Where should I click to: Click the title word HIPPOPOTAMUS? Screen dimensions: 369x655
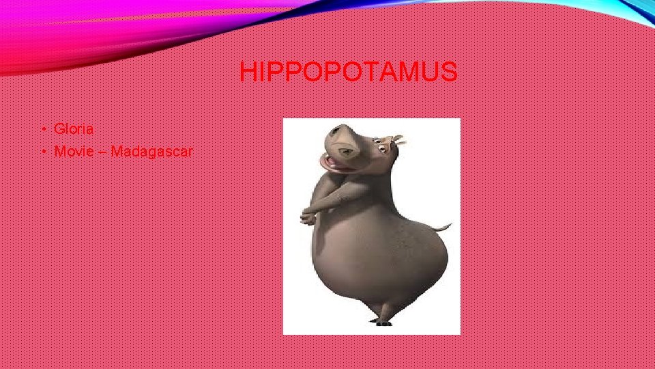click(x=348, y=71)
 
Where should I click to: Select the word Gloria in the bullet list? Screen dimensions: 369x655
click(x=74, y=128)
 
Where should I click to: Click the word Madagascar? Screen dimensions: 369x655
click(x=151, y=151)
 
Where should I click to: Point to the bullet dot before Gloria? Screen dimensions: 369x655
click(x=43, y=129)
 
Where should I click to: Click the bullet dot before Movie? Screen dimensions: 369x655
click(x=43, y=152)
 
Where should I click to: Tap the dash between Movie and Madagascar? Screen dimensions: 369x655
click(x=103, y=152)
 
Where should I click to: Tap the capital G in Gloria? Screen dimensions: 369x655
click(x=59, y=128)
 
